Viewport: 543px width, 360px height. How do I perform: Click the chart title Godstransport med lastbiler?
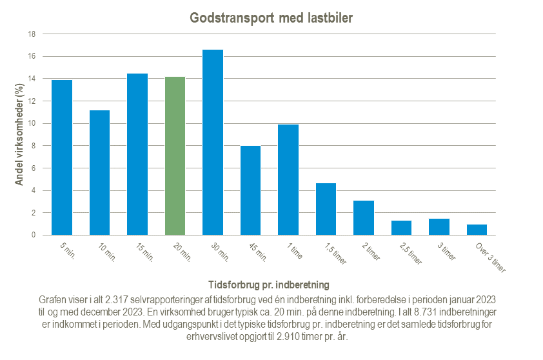click(x=271, y=17)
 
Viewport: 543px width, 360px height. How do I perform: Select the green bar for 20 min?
click(x=175, y=156)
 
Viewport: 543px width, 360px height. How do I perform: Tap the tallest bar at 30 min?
click(x=213, y=143)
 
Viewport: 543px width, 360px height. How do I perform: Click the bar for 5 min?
click(x=62, y=157)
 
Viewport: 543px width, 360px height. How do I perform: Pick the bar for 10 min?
click(x=99, y=173)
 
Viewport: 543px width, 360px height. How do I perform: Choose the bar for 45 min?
click(x=250, y=190)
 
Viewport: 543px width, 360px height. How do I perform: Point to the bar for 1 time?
click(x=288, y=180)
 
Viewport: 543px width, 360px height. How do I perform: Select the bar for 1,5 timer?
click(x=326, y=209)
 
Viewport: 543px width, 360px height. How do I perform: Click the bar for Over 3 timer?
click(x=477, y=230)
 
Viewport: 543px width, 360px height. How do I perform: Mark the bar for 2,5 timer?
click(x=401, y=228)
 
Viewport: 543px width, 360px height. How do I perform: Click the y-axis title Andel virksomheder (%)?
click(x=19, y=135)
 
